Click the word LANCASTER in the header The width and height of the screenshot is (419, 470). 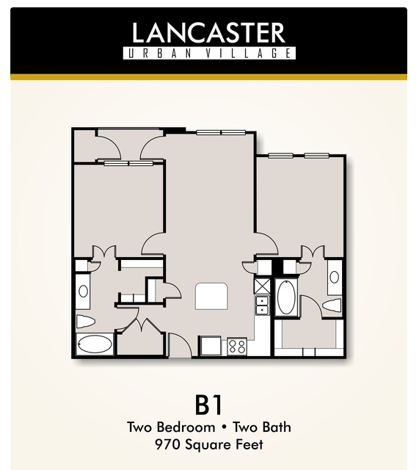[208, 32]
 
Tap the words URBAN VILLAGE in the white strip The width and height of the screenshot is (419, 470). [209, 54]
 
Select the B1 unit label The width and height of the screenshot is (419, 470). [208, 405]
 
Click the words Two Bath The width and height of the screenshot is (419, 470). [262, 427]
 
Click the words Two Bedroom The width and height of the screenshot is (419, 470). [171, 427]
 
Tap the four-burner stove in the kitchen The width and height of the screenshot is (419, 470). [237, 346]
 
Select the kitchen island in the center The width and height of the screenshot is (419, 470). [211, 296]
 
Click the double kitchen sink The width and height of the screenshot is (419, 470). [262, 305]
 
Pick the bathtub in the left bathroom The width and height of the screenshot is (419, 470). [95, 344]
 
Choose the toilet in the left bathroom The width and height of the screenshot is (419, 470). [85, 321]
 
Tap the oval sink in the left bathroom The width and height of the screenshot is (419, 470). [83, 291]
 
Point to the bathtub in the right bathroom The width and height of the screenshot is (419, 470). [286, 297]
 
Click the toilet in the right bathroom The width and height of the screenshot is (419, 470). [332, 305]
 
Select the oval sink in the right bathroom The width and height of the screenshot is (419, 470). [335, 278]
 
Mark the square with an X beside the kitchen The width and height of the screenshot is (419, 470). [262, 286]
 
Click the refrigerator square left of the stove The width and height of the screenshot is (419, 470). [211, 346]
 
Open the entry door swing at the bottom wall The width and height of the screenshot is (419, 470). [180, 344]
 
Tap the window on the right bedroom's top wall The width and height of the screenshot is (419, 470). [299, 156]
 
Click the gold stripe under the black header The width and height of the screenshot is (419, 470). [208, 77]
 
